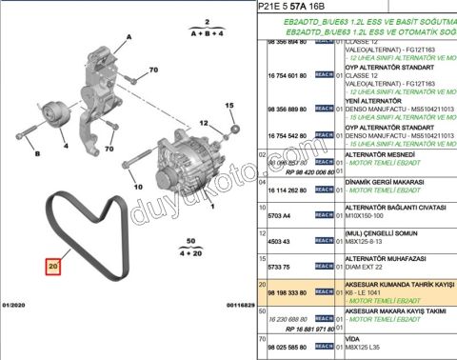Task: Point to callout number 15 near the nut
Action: pyautogui.click(x=228, y=108)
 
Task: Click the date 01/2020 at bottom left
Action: pyautogui.click(x=17, y=305)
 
